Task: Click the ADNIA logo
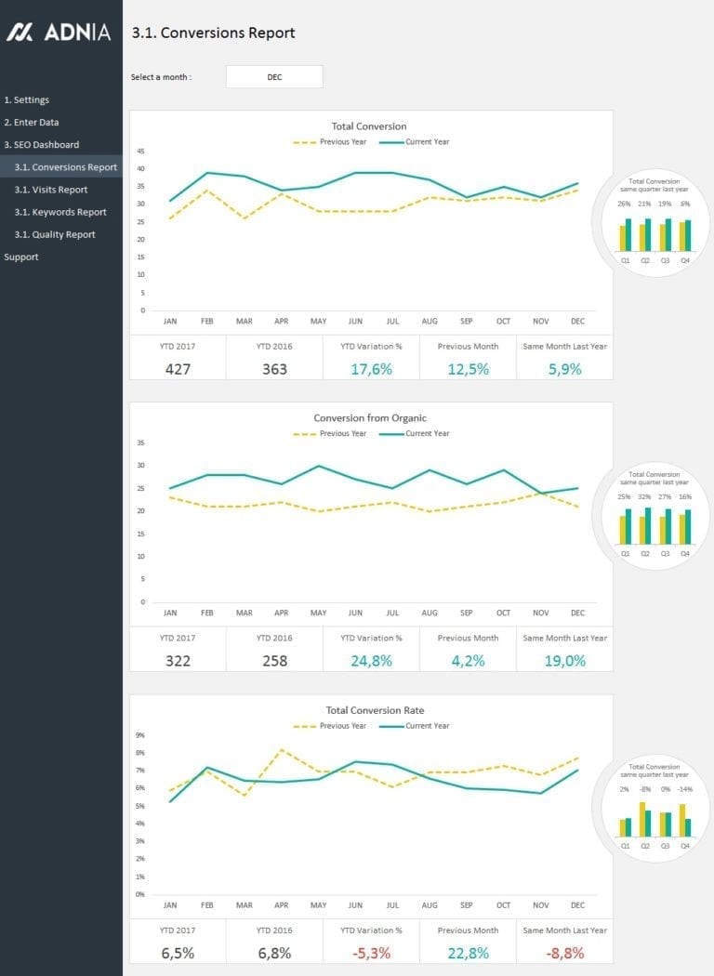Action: [59, 33]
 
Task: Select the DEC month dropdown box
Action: [274, 77]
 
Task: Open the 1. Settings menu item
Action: [27, 99]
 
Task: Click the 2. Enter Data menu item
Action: [32, 122]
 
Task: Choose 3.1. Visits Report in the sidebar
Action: [51, 190]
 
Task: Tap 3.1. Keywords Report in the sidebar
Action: [60, 212]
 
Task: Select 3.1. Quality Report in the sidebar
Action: [55, 234]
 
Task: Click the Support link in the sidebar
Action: [21, 257]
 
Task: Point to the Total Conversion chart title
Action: [369, 126]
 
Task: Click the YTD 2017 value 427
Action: [178, 369]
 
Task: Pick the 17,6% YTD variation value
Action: [371, 369]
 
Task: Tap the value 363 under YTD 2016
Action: [274, 369]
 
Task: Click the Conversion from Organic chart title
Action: [370, 418]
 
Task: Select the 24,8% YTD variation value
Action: [371, 661]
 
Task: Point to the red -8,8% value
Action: [564, 953]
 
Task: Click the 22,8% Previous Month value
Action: [468, 953]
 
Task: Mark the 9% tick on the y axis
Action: [140, 734]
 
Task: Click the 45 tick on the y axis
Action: [140, 151]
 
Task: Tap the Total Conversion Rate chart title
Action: [370, 710]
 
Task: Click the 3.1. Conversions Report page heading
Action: [214, 33]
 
